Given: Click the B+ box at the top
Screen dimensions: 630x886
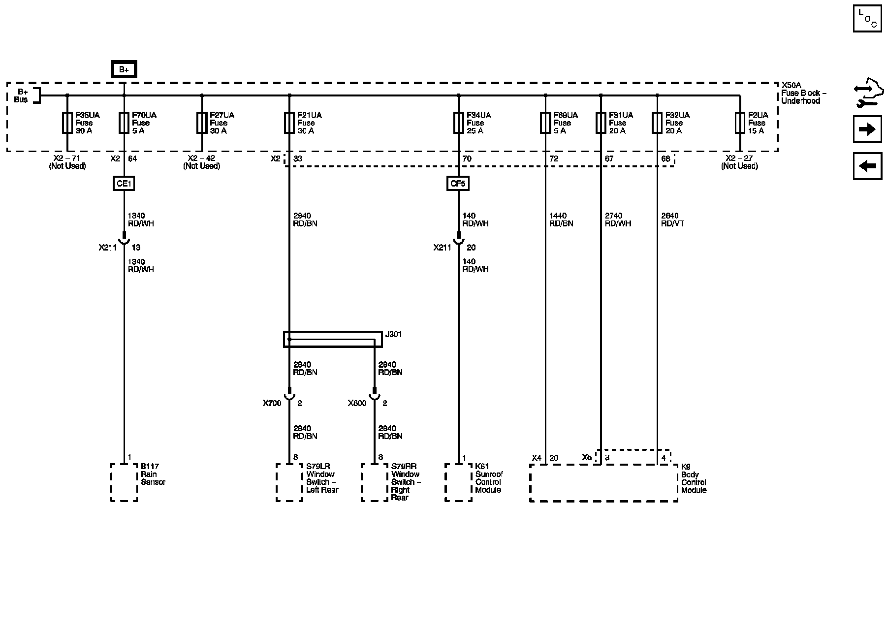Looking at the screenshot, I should pyautogui.click(x=124, y=69).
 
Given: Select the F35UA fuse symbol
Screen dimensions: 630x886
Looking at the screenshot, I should pyautogui.click(x=67, y=123).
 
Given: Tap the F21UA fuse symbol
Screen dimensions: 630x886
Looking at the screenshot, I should pyautogui.click(x=289, y=123).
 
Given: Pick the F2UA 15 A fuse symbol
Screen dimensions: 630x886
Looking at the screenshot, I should pyautogui.click(x=740, y=123).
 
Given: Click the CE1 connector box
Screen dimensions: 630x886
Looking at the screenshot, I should pyautogui.click(x=124, y=184).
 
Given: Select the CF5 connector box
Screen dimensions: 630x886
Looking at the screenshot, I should pyautogui.click(x=458, y=184).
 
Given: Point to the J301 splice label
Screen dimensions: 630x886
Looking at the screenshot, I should pyautogui.click(x=393, y=335).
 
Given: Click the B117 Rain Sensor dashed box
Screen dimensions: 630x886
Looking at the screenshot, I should pyautogui.click(x=124, y=482).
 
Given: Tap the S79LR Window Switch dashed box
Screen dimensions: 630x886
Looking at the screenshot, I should pyautogui.click(x=289, y=482).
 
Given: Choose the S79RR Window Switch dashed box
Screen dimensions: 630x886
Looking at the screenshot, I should pyautogui.click(x=375, y=482).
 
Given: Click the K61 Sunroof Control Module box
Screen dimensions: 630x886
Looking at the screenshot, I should pyautogui.click(x=458, y=482).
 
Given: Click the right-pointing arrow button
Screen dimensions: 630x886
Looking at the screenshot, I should pyautogui.click(x=867, y=129).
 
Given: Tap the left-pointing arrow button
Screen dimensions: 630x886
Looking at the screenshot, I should pyautogui.click(x=867, y=166).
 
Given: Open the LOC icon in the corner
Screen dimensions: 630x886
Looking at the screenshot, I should pyautogui.click(x=867, y=19).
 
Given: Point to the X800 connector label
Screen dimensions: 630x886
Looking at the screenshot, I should pyautogui.click(x=357, y=403).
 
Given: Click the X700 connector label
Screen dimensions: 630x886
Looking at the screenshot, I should pyautogui.click(x=272, y=403).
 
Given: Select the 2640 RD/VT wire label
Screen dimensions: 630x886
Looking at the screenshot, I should pyautogui.click(x=672, y=220).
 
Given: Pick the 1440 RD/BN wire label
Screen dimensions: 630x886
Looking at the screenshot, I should pyautogui.click(x=561, y=220).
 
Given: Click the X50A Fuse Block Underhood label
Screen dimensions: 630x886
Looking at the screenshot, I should pyautogui.click(x=803, y=93).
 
